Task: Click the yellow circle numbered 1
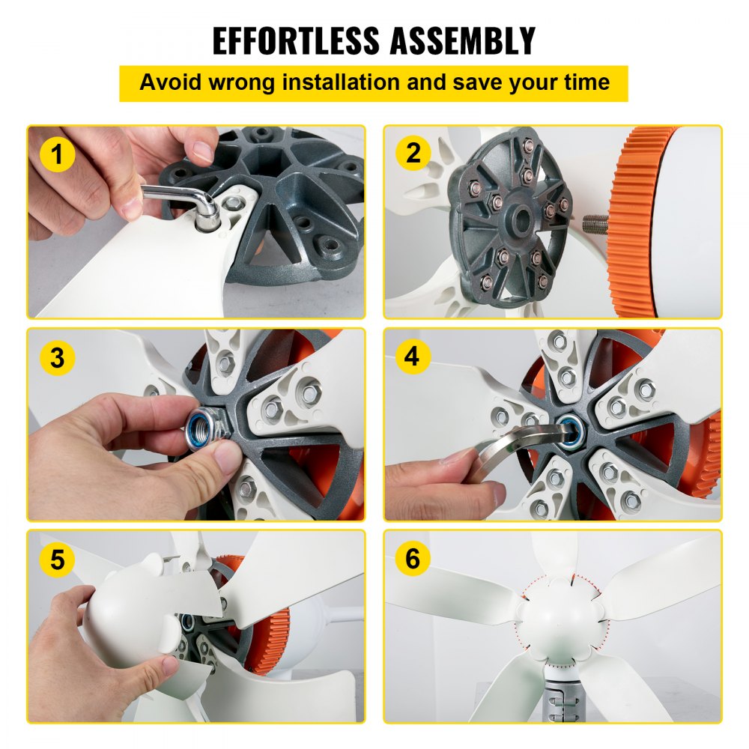58,156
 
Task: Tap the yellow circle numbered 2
413,154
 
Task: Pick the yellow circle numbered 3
58,357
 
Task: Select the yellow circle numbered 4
413,357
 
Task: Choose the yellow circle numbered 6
413,559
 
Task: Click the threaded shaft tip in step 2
592,223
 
